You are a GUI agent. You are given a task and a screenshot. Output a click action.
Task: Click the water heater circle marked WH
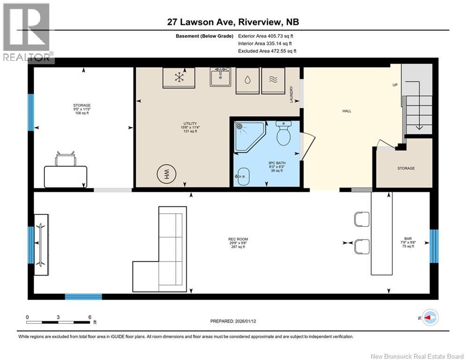[x=167, y=174]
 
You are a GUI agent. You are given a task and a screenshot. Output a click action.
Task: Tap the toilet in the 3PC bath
[x=283, y=133]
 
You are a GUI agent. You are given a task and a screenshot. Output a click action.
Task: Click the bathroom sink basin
[x=243, y=176]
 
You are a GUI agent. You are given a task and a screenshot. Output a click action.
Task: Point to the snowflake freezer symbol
[x=179, y=78]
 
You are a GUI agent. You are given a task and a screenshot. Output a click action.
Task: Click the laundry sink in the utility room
[x=220, y=77]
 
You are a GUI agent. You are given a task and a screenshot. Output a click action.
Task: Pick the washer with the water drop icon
[x=248, y=81]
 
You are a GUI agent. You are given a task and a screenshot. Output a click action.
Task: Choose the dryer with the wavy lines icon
[x=273, y=81]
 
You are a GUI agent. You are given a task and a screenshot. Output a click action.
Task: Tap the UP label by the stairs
[x=395, y=85]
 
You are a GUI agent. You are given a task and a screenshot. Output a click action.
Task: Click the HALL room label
[x=347, y=111]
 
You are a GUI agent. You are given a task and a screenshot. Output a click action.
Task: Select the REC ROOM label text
[x=238, y=239]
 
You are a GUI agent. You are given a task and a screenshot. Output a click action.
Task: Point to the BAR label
[x=408, y=239]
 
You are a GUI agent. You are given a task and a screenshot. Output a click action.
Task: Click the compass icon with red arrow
[x=430, y=318]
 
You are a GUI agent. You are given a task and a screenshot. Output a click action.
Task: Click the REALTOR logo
[x=27, y=32]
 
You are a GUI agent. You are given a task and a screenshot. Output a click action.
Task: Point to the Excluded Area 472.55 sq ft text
[x=267, y=51]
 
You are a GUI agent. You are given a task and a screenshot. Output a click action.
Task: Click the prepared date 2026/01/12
[x=245, y=321]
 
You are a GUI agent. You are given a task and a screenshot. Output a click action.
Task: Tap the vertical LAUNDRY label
[x=292, y=95]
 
